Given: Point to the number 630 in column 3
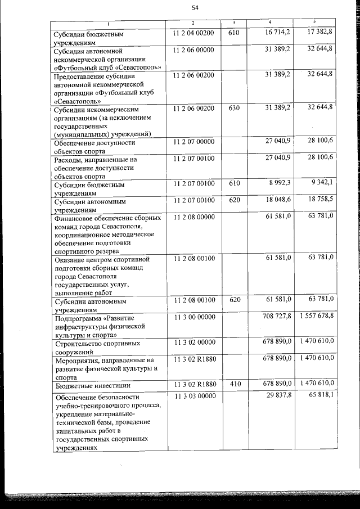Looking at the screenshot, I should pyautogui.click(x=234, y=107).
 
